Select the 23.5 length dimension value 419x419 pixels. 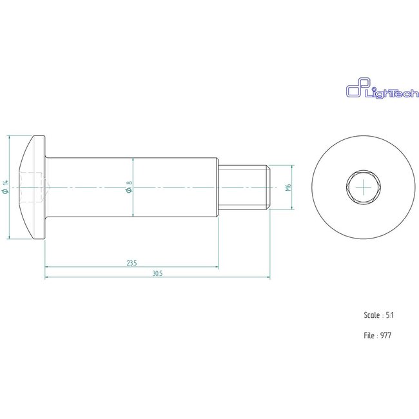click(132, 263)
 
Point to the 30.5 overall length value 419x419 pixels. click(157, 273)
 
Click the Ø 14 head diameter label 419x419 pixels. click(6, 188)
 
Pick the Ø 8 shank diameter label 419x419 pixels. click(129, 188)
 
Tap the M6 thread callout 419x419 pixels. click(288, 188)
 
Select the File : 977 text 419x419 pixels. click(378, 335)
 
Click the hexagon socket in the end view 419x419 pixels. click(364, 188)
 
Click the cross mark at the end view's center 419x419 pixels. click(364, 188)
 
